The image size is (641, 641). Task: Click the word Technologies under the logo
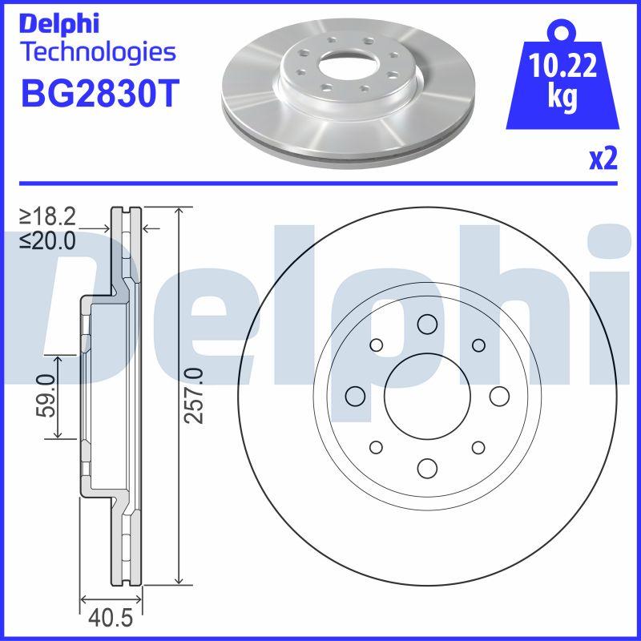[x=97, y=54]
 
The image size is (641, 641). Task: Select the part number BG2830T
[x=97, y=95]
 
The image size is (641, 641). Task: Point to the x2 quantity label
[x=603, y=159]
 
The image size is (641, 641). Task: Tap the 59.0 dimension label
[x=45, y=397]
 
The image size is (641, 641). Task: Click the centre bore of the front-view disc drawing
[x=425, y=395]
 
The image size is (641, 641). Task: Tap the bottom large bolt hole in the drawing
[x=426, y=469]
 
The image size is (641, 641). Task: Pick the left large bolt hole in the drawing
[x=353, y=395]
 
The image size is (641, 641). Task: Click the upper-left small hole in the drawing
[x=374, y=345]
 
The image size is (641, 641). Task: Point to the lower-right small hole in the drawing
[x=478, y=447]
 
